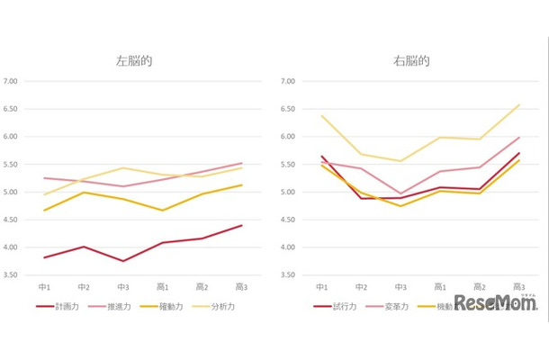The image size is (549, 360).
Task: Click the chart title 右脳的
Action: coord(410,62)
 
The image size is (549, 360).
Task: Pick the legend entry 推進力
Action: coord(118,306)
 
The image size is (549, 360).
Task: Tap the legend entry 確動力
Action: coord(170,306)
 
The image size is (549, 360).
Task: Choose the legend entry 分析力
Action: coord(222,306)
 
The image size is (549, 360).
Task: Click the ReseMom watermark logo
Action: coord(495,303)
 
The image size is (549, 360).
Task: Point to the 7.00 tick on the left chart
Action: coord(12,82)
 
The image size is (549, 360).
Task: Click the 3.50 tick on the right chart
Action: coord(288,274)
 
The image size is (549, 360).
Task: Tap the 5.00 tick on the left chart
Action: coord(12,193)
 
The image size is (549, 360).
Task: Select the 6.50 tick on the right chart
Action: coord(288,109)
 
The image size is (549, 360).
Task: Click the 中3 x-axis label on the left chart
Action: coord(124,286)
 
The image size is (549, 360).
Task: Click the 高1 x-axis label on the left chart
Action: coord(163,286)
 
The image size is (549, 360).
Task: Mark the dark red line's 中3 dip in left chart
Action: coord(124,261)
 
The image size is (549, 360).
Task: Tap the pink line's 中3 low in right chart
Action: coord(400,193)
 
